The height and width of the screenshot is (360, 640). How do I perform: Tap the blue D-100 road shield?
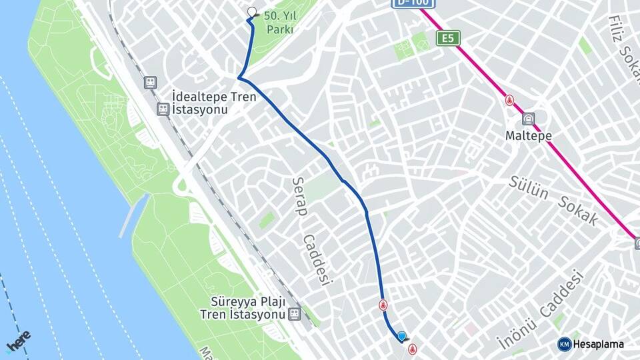[x=413, y=3]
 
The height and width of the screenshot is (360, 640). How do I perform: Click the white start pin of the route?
[x=252, y=12]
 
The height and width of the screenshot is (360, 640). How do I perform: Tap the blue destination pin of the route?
[x=401, y=337]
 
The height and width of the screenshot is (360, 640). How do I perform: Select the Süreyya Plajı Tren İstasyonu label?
[x=243, y=307]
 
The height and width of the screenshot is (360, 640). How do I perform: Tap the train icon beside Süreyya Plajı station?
[x=293, y=313]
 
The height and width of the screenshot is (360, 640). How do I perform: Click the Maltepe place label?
[x=529, y=135]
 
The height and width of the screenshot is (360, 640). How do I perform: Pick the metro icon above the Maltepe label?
[x=529, y=119]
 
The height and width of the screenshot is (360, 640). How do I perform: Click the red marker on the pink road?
[x=510, y=101]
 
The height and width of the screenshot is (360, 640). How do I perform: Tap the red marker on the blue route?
[x=383, y=305]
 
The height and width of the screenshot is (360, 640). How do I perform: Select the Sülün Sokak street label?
[x=553, y=199]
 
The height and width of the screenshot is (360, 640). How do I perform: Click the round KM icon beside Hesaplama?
[x=564, y=344]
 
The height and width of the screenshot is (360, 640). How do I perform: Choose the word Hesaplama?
[x=598, y=344]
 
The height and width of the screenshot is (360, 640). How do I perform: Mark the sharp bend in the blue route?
[x=239, y=79]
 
